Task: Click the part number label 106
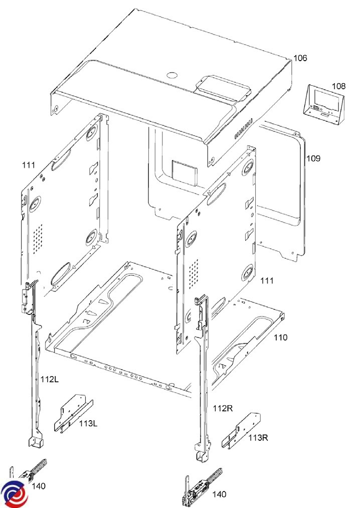pyautogui.click(x=300, y=58)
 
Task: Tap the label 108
pyautogui.click(x=338, y=86)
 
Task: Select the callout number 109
pyautogui.click(x=313, y=158)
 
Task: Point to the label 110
pyautogui.click(x=280, y=337)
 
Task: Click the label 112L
pyautogui.click(x=50, y=379)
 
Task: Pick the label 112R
pyautogui.click(x=223, y=408)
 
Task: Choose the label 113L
pyautogui.click(x=88, y=423)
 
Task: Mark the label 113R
pyautogui.click(x=258, y=438)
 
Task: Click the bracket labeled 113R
pyautogui.click(x=241, y=431)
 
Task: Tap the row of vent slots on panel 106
pyautogui.click(x=243, y=128)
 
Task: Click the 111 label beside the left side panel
pyautogui.click(x=29, y=165)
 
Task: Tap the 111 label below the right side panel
pyautogui.click(x=267, y=280)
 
